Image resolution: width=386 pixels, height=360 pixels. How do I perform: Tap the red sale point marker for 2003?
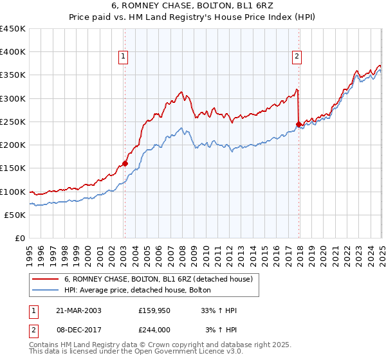[x=125, y=163]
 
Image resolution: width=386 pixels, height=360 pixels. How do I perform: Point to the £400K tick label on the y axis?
[x=13, y=52]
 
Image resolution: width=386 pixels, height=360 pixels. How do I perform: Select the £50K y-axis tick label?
[x=15, y=215]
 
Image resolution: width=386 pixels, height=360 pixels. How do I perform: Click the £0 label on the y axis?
[x=21, y=238]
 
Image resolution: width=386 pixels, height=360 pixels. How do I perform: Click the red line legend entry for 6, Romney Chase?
[x=161, y=280]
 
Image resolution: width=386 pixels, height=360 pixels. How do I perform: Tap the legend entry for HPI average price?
[x=142, y=291]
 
